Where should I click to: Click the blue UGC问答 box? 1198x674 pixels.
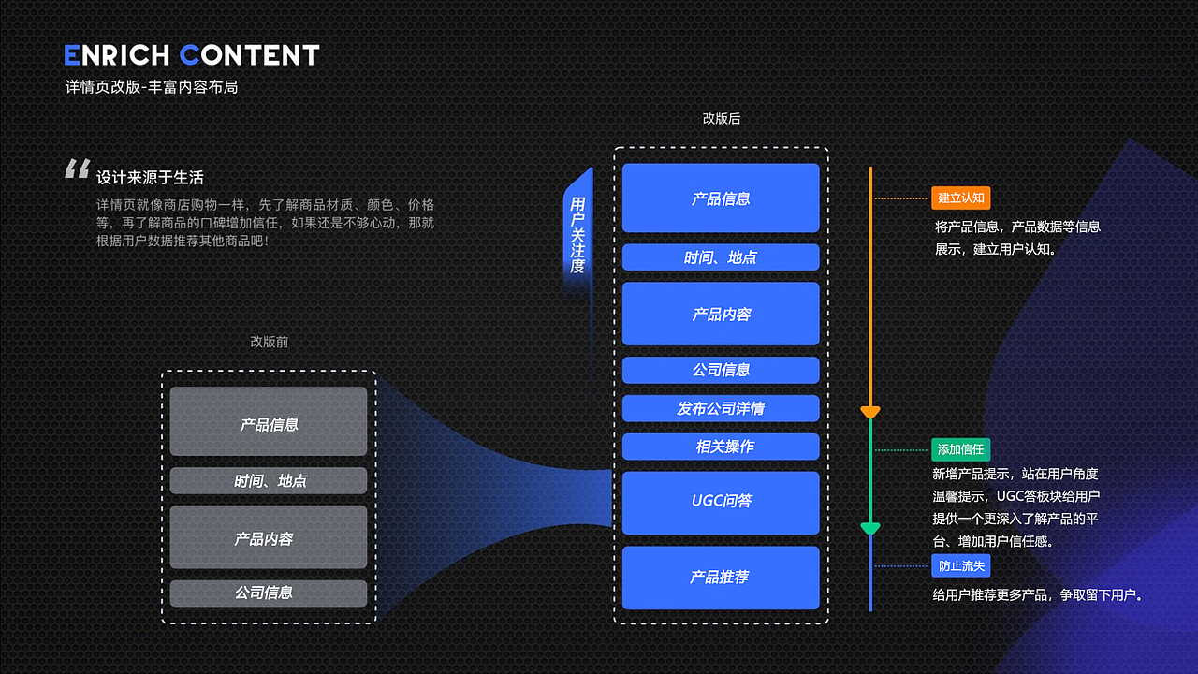[721, 503]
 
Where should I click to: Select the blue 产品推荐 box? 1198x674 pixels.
[721, 578]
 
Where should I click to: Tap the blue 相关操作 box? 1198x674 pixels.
[721, 447]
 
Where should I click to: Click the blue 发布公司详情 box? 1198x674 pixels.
[721, 408]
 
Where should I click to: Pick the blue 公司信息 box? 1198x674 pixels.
[721, 370]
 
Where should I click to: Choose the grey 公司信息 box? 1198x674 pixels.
[269, 593]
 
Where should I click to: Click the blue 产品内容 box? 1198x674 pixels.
[721, 314]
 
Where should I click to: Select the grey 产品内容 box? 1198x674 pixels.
[269, 537]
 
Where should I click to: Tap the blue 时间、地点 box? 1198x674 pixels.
[721, 257]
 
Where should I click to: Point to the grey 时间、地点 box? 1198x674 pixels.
[269, 480]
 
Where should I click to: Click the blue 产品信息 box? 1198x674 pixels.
[721, 198]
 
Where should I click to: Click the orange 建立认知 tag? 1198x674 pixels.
[960, 198]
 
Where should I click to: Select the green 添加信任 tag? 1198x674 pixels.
[960, 449]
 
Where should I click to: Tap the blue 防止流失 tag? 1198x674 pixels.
[960, 565]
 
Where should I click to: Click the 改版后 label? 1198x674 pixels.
[722, 119]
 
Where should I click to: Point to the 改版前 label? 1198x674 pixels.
[270, 342]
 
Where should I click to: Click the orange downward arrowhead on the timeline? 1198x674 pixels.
[870, 413]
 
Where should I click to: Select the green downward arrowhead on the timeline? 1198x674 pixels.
[870, 529]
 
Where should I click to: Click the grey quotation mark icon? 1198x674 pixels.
[77, 168]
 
